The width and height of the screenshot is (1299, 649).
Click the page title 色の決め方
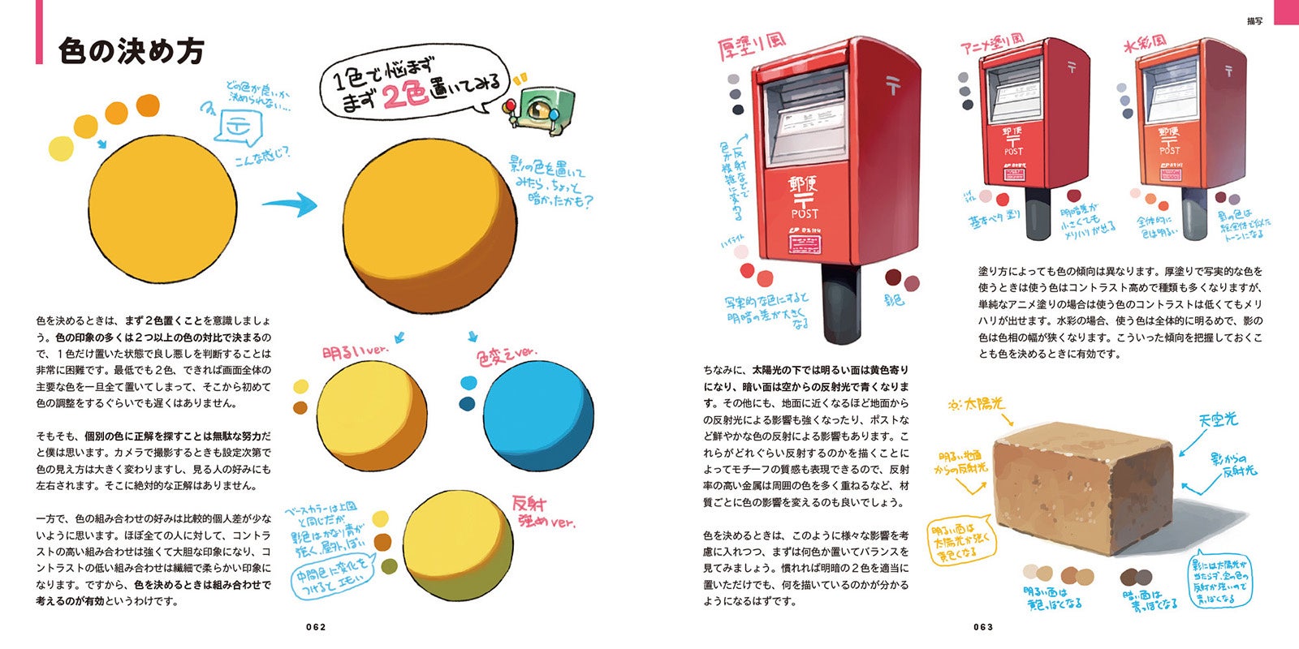(x=131, y=50)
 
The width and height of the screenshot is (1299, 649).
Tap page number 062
(x=316, y=626)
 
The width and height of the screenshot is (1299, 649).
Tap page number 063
(x=983, y=626)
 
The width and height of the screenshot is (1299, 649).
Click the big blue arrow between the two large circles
(x=290, y=204)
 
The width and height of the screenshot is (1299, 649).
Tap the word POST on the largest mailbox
(x=805, y=213)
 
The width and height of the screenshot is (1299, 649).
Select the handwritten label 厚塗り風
(x=752, y=46)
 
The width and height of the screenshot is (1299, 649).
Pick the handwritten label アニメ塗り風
(x=991, y=44)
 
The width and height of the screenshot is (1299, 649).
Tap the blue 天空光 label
(x=1218, y=419)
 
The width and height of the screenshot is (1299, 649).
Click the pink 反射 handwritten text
(x=529, y=502)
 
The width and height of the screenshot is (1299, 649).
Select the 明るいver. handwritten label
(x=356, y=354)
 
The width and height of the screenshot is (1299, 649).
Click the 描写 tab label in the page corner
(x=1254, y=21)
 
